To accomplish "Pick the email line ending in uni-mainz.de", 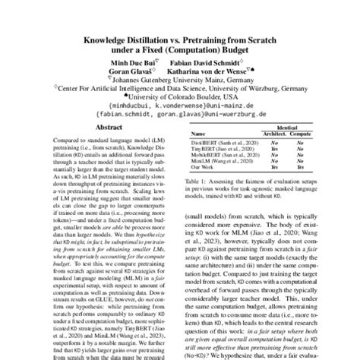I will coord(179,106).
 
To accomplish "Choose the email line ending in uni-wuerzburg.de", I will coord(179,116).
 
